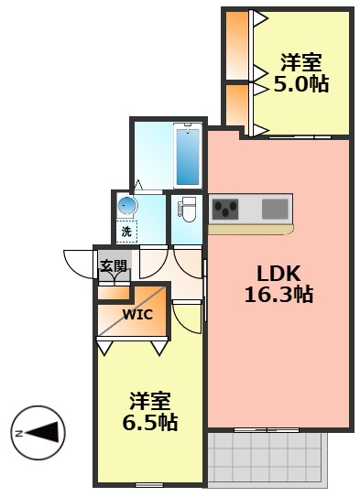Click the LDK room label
pyautogui.click(x=278, y=274)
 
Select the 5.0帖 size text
pyautogui.click(x=301, y=84)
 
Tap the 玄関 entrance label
pyautogui.click(x=114, y=266)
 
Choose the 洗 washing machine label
pyautogui.click(x=126, y=232)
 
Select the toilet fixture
pyautogui.click(x=188, y=211)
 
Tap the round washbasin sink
pyautogui.click(x=126, y=206)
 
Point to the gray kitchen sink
pyautogui.click(x=275, y=209)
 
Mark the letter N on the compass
pyautogui.click(x=18, y=432)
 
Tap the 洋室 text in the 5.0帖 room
pyautogui.click(x=301, y=63)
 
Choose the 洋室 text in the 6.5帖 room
pyautogui.click(x=150, y=402)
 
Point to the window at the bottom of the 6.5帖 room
pyautogui.click(x=148, y=482)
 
